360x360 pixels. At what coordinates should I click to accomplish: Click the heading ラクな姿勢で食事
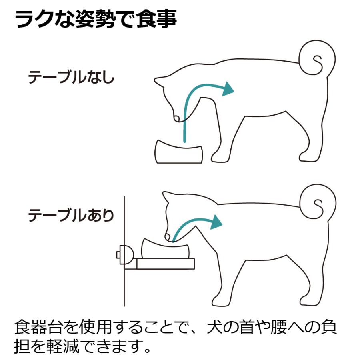coord(96,19)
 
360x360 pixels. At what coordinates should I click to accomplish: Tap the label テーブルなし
coord(71,78)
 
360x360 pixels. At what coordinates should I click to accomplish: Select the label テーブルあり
coord(71,216)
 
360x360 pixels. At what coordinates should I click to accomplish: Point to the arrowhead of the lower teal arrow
coord(216,222)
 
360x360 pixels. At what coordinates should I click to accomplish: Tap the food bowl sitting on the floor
coord(179,152)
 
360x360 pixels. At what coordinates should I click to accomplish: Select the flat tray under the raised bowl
coord(165,264)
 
